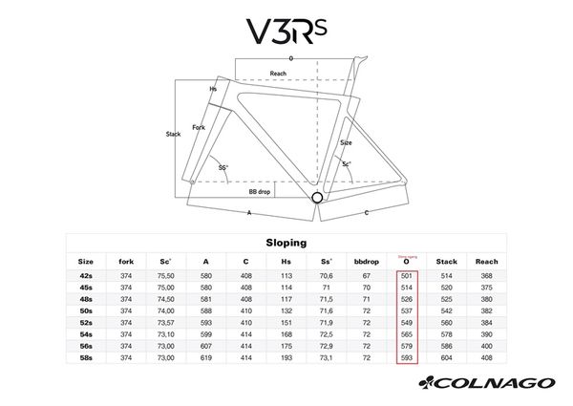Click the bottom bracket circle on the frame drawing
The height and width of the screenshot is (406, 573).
pyautogui.click(x=317, y=199)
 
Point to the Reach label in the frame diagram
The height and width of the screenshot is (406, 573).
pyautogui.click(x=278, y=74)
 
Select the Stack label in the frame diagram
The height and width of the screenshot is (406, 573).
pyautogui.click(x=173, y=135)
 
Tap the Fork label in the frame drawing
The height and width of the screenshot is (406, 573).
pyautogui.click(x=199, y=127)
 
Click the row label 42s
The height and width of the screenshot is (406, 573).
pyautogui.click(x=86, y=276)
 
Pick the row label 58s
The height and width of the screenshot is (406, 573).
pyautogui.click(x=86, y=358)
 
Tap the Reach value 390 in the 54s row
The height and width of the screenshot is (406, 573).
pyautogui.click(x=487, y=334)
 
